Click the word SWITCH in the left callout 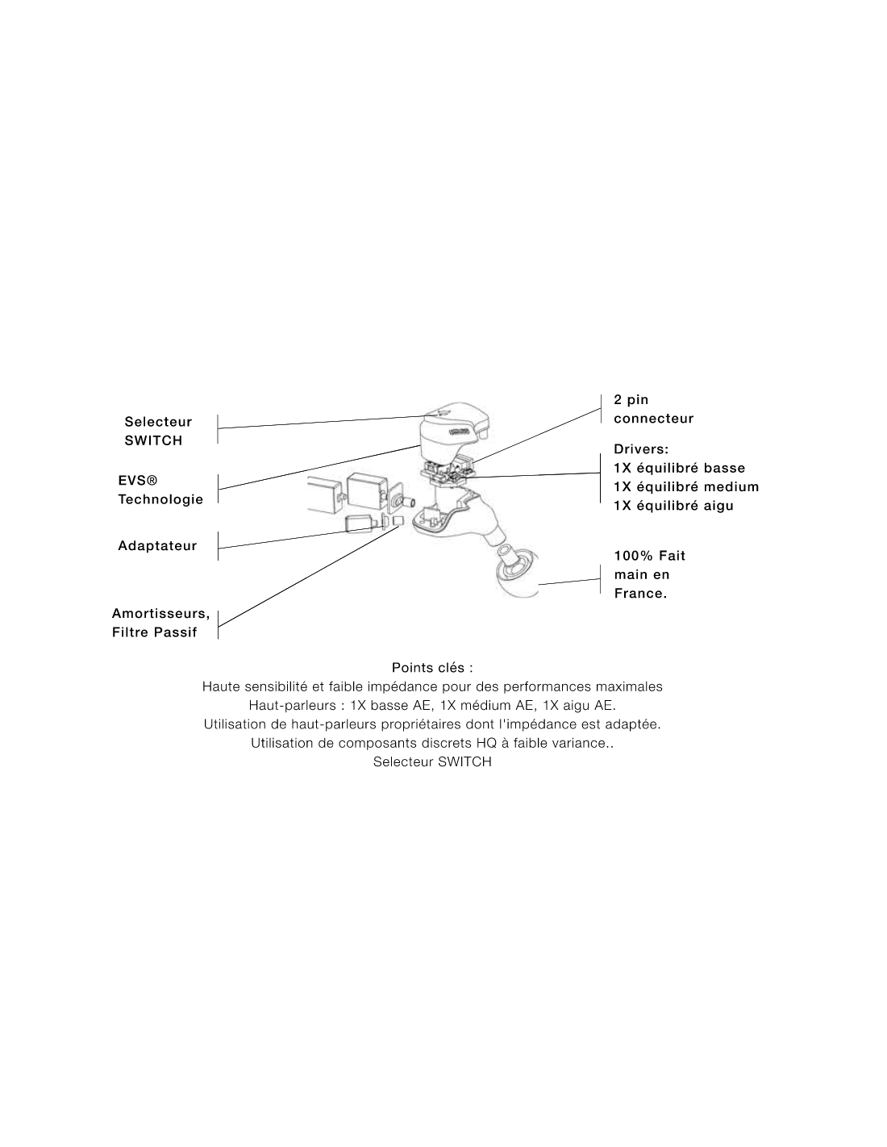(153, 440)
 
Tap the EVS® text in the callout (138, 480)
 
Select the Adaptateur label (157, 545)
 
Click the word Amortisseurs (160, 613)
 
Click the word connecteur (653, 419)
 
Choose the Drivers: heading (641, 449)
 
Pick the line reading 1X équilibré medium (686, 486)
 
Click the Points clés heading (431, 668)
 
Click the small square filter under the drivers (398, 521)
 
